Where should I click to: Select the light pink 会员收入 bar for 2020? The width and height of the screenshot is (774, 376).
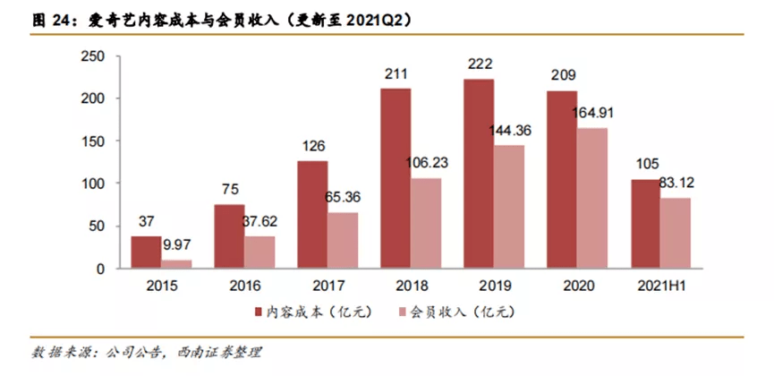click(591, 198)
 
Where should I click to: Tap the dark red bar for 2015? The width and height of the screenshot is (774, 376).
click(145, 252)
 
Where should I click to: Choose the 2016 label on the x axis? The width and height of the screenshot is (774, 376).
click(244, 287)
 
